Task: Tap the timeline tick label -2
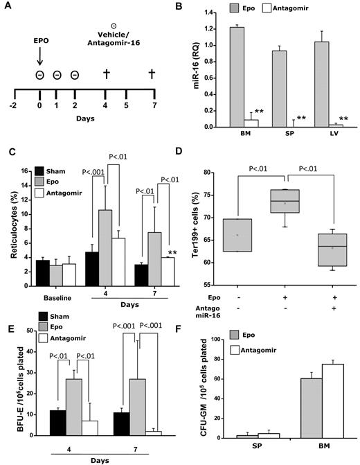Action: [15, 103]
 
